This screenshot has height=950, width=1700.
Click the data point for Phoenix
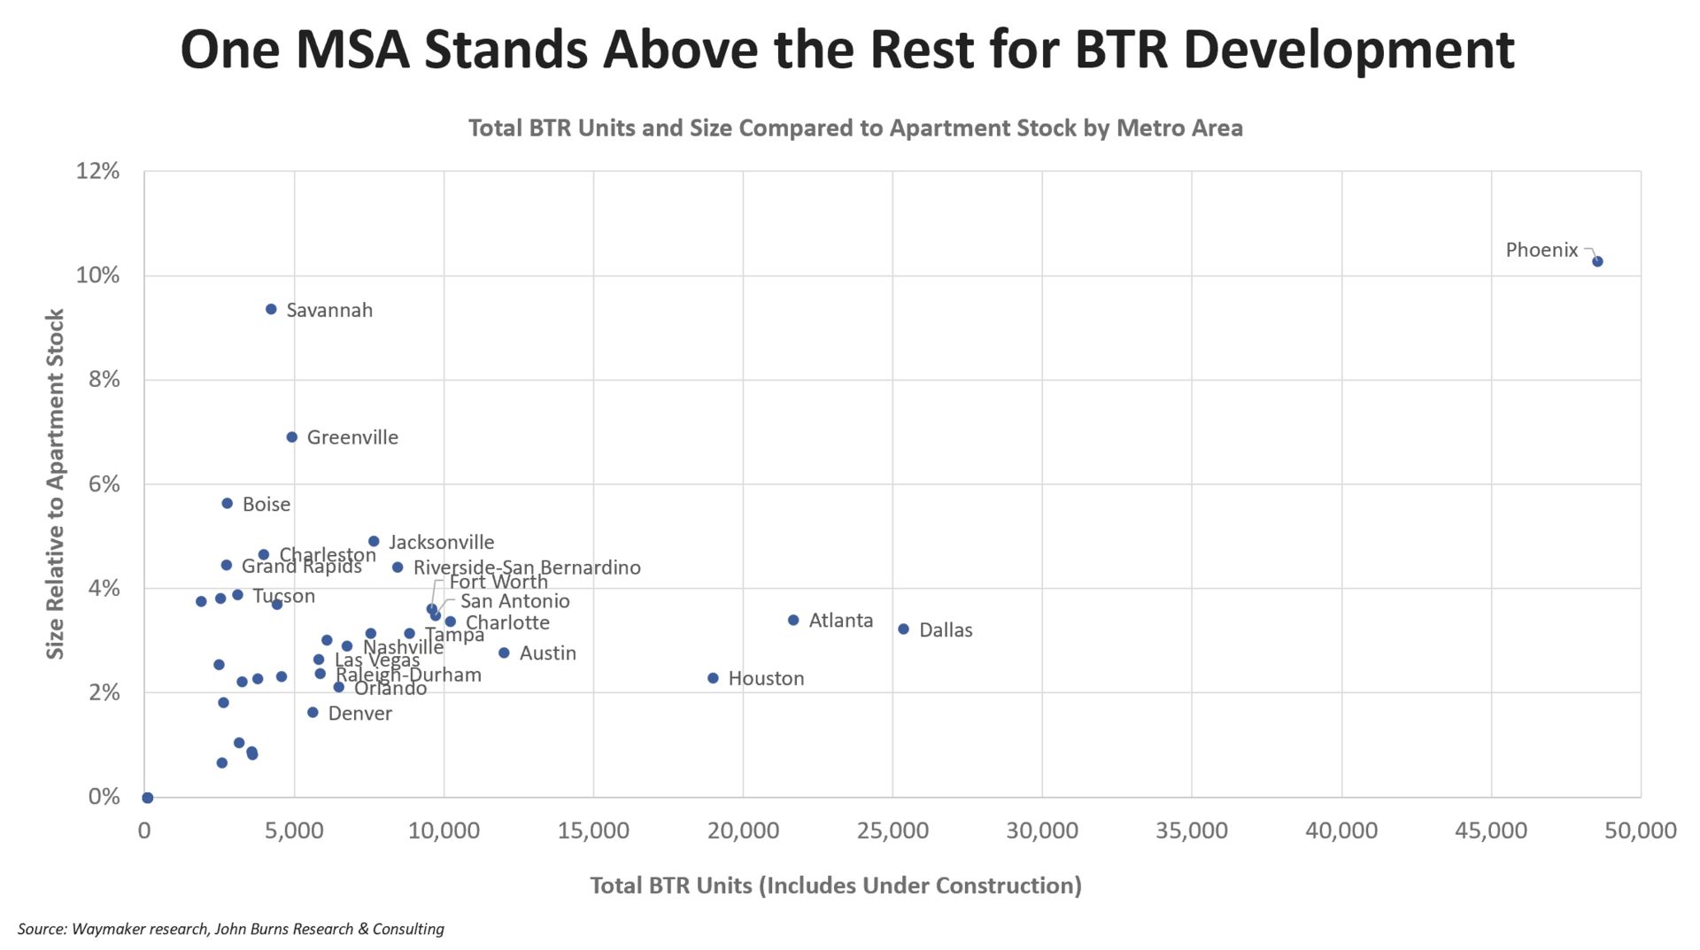click(1597, 261)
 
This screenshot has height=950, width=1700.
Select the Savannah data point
click(271, 309)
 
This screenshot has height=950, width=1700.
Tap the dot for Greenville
click(292, 436)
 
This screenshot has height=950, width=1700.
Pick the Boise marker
click(227, 503)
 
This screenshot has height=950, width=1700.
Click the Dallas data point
click(903, 629)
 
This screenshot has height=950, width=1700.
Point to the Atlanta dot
click(793, 620)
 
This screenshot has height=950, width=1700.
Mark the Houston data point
click(713, 678)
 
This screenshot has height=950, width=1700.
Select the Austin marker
click(504, 653)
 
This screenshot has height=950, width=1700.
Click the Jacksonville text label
click(441, 542)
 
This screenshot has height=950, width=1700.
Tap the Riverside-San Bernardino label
click(527, 568)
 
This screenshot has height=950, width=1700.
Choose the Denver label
click(359, 714)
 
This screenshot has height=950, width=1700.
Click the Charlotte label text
click(507, 622)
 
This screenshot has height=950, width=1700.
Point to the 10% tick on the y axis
click(97, 275)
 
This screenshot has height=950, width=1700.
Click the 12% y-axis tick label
click(97, 171)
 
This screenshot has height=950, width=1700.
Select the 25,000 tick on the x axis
click(892, 830)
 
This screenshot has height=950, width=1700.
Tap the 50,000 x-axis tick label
click(1640, 830)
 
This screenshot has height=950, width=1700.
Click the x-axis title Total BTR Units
click(835, 885)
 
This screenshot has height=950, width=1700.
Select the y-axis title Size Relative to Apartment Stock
click(55, 483)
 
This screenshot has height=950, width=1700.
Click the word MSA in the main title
click(352, 50)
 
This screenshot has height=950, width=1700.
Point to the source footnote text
click(230, 929)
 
